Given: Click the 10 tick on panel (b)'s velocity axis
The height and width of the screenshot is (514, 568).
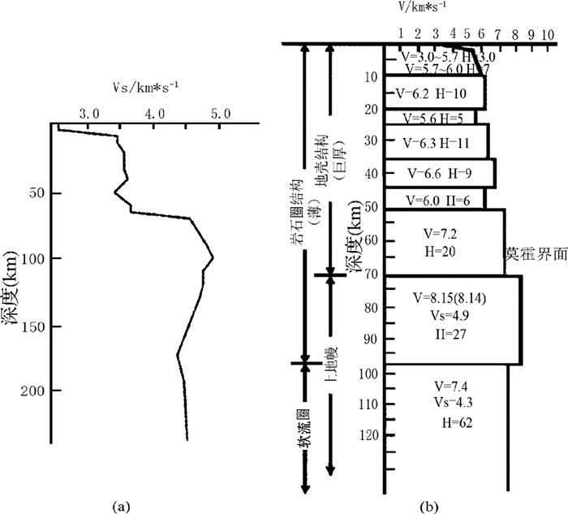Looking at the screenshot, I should click(x=549, y=35).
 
